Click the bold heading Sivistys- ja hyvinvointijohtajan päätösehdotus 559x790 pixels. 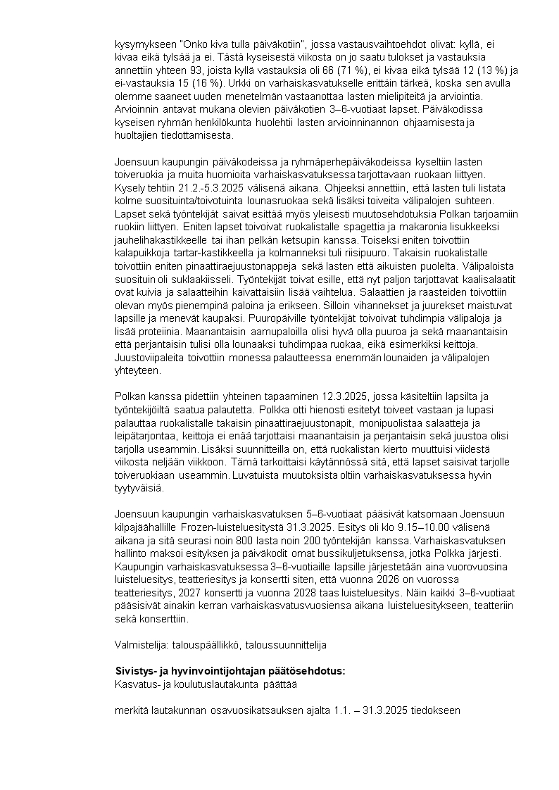pos(230,670)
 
